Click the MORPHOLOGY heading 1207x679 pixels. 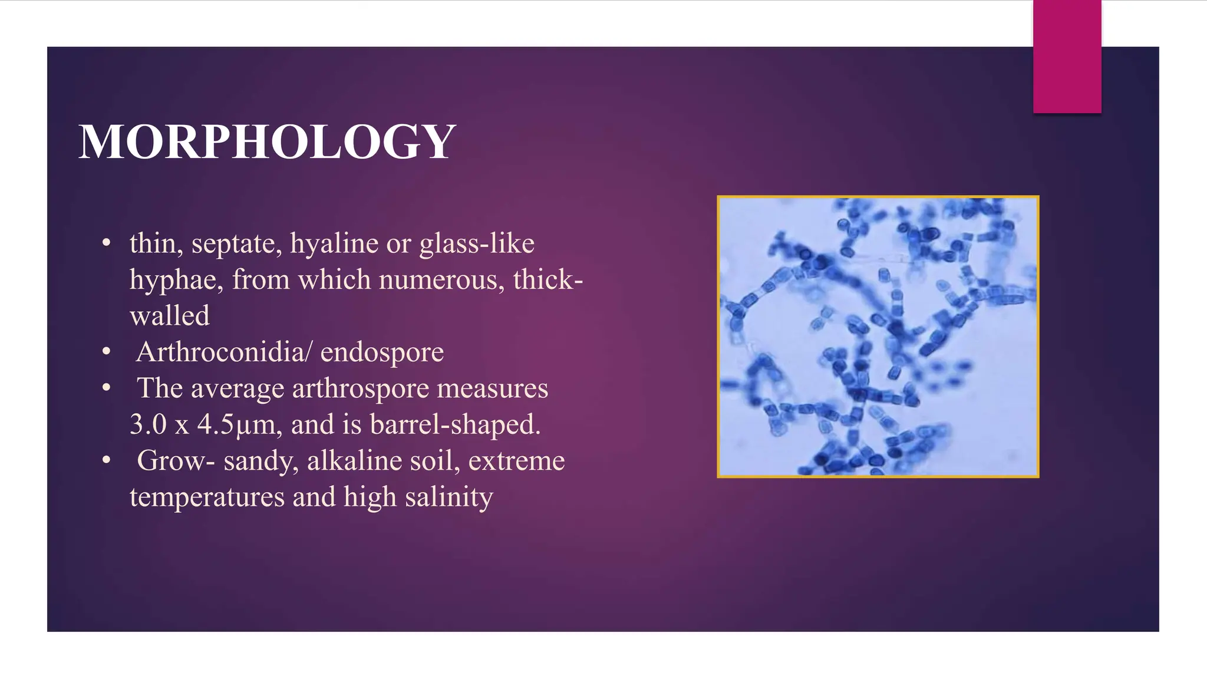coord(267,142)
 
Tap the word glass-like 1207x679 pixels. coord(476,243)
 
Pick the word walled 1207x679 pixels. coord(169,316)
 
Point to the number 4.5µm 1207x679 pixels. coord(235,425)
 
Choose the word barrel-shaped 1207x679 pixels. coord(455,424)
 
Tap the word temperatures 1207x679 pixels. coord(207,497)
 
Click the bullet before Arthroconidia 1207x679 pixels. coord(106,352)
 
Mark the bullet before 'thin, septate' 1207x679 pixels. coord(106,244)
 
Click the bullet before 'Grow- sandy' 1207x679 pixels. coord(106,461)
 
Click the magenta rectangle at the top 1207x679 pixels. coord(1067,57)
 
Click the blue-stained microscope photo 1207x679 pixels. coord(878,337)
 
